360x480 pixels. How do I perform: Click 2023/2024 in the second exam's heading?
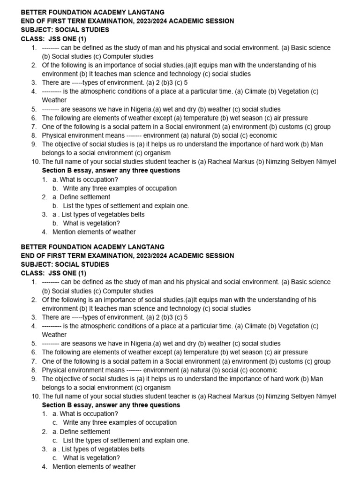(x=153, y=255)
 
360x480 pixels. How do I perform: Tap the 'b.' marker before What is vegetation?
(x=55, y=223)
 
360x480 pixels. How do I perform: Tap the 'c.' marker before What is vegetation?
(x=55, y=458)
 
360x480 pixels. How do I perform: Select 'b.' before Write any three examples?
(x=55, y=188)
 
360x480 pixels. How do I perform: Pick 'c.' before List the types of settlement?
(x=55, y=441)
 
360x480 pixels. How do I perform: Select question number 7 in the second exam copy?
(x=34, y=361)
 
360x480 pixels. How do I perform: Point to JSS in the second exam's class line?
(x=53, y=273)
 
